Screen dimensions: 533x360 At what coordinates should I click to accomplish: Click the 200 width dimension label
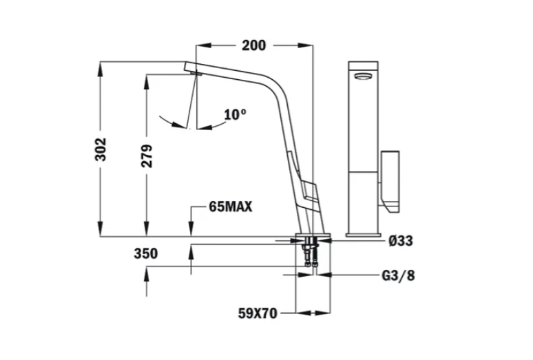[x=253, y=45]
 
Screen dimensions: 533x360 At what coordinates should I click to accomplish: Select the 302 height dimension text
[x=101, y=149]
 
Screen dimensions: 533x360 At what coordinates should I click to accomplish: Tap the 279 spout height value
[x=147, y=156]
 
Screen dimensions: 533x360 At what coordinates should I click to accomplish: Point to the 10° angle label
[x=235, y=114]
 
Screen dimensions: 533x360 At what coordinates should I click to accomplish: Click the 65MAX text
[x=231, y=207]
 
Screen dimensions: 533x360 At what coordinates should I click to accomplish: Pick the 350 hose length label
[x=146, y=254]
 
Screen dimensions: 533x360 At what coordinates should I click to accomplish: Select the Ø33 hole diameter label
[x=401, y=241]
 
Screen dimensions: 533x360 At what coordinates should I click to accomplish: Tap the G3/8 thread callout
[x=399, y=275]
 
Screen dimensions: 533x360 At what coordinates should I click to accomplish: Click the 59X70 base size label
[x=258, y=313]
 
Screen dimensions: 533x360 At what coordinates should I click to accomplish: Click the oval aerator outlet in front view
[x=364, y=76]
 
